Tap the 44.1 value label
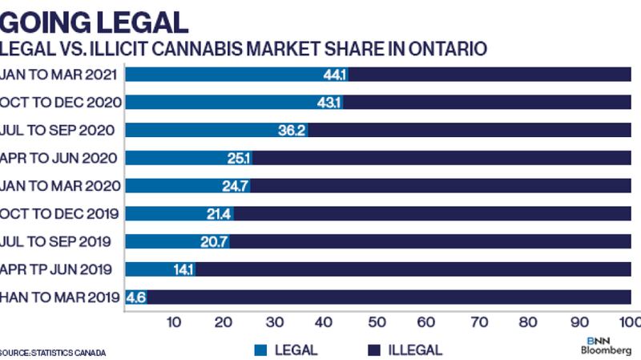click(335, 75)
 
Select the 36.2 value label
click(292, 130)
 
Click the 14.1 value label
click(183, 269)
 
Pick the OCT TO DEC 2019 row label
click(60, 213)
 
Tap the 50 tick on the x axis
click(375, 322)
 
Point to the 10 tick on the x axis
click(172, 322)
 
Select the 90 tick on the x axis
click(578, 322)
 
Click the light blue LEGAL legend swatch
click(260, 350)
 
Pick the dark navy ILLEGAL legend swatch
click(373, 350)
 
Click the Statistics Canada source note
click(53, 352)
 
